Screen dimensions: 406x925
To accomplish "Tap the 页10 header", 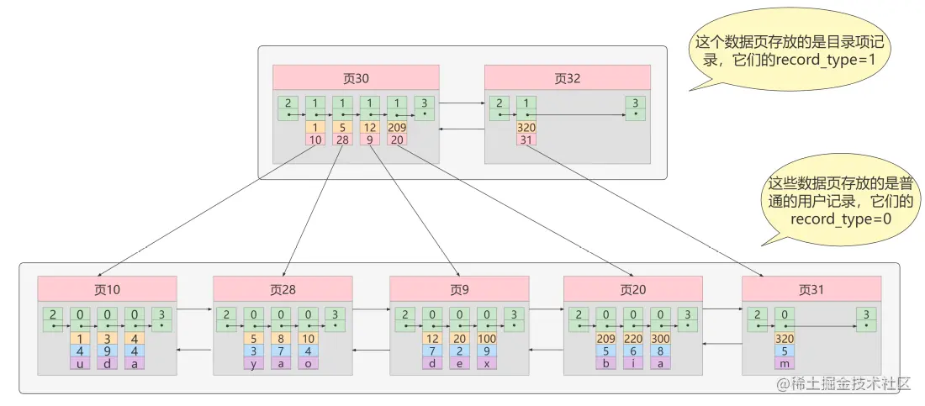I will [107, 289].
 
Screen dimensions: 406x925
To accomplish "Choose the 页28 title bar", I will [283, 289].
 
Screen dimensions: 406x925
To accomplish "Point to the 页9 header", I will [459, 289].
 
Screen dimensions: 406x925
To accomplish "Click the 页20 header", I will [632, 289].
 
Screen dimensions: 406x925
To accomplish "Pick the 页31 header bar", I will [811, 289].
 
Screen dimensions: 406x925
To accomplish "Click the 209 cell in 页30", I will [397, 128].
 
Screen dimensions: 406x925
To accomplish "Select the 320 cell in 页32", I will [526, 128].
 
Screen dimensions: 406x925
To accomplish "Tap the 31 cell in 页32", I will [526, 140].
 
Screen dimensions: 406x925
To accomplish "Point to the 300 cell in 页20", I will [660, 339].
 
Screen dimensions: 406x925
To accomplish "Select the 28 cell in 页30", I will [342, 140].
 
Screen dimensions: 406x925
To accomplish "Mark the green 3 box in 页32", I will [636, 108].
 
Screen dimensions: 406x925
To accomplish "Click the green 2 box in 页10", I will [54, 319].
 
